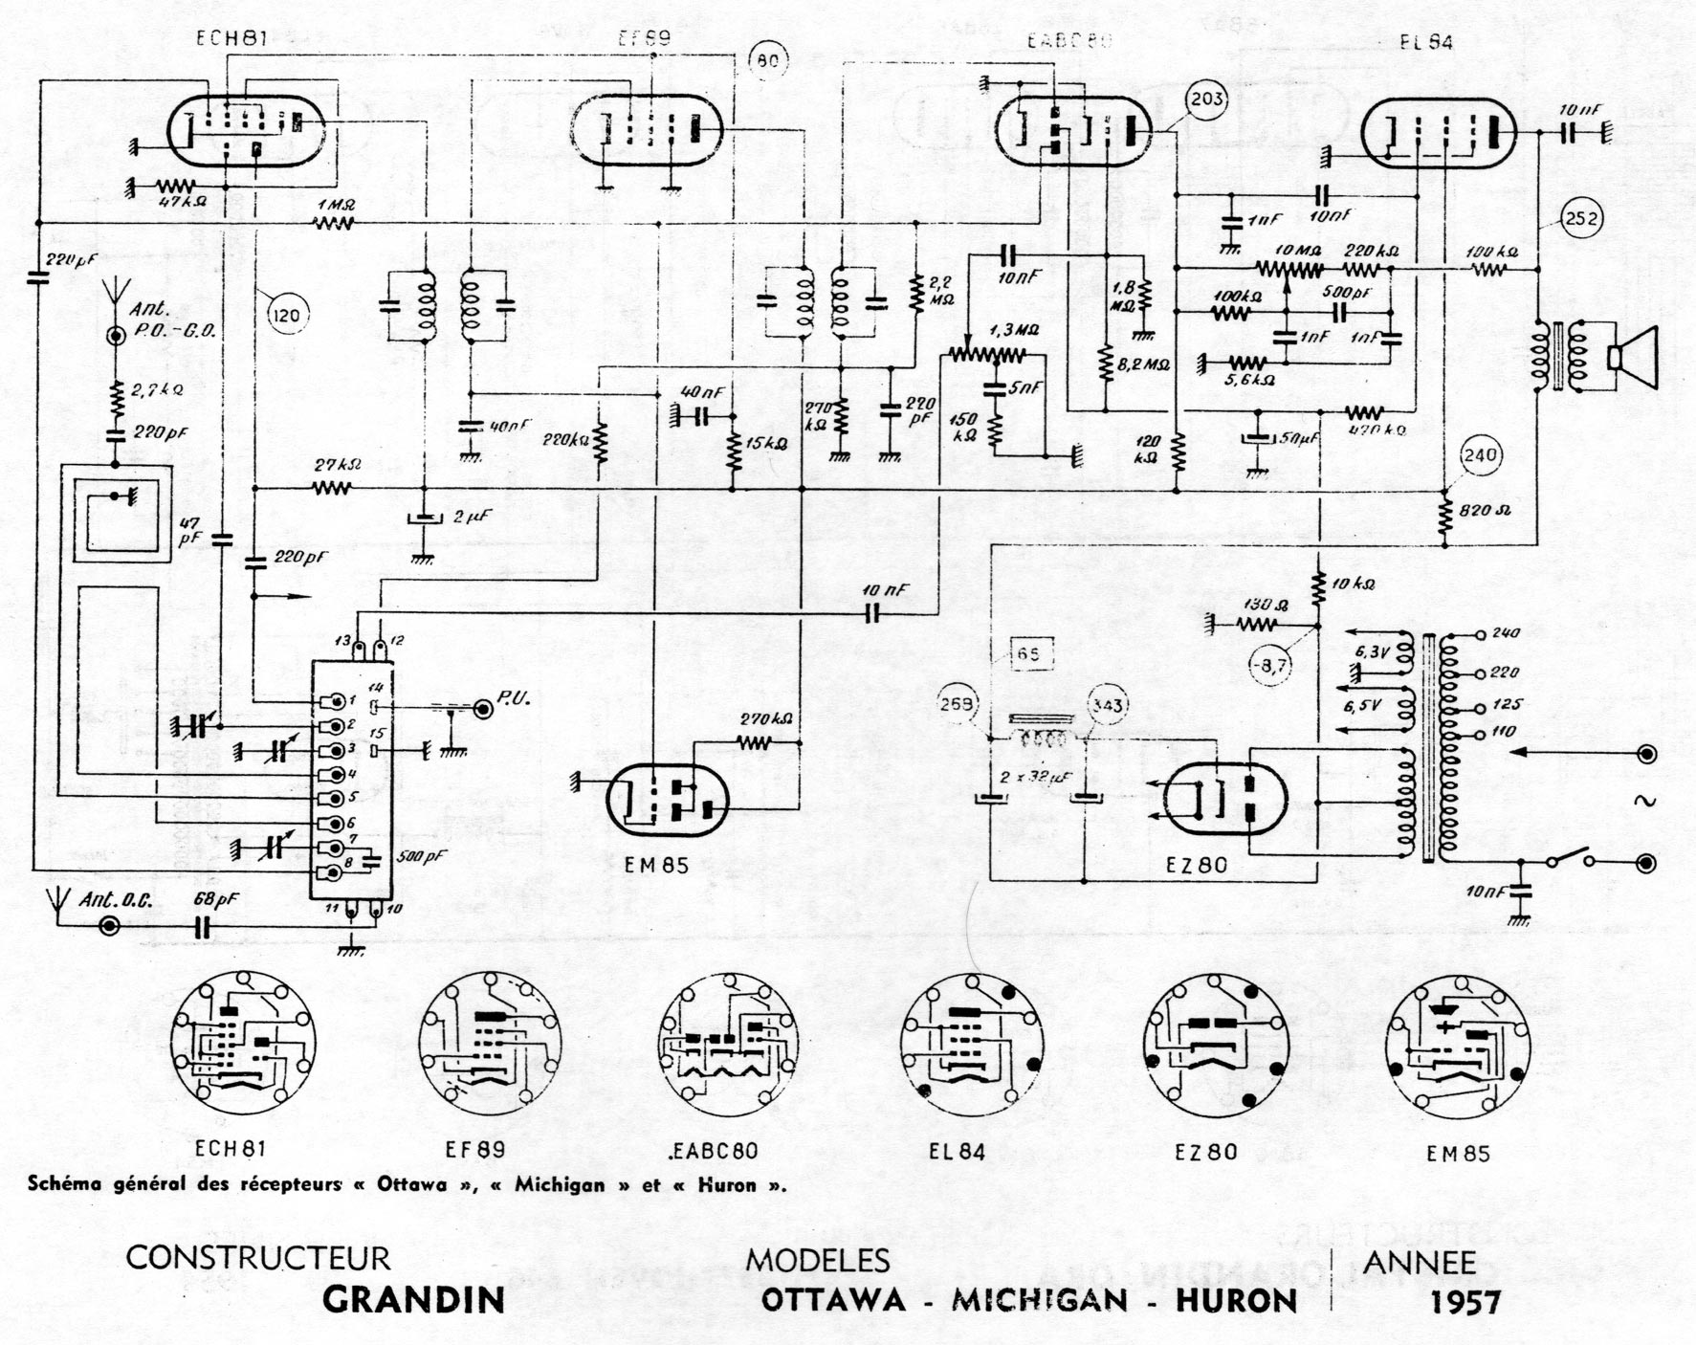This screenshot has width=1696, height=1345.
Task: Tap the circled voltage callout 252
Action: [1580, 219]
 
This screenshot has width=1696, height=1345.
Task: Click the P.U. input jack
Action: [486, 708]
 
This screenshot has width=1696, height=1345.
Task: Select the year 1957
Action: [1465, 1301]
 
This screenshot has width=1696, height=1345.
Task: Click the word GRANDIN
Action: [413, 1300]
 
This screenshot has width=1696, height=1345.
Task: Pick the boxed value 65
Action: [1029, 655]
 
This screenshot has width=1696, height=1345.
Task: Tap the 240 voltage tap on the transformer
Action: [1506, 633]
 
